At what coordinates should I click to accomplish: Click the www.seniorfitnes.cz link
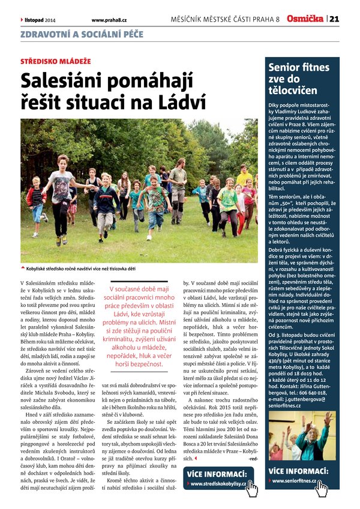point(293,481)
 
